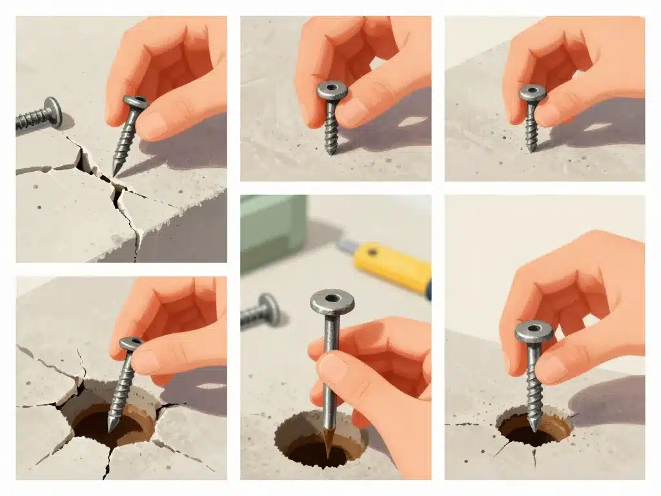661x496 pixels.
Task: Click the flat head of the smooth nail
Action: coord(332,301)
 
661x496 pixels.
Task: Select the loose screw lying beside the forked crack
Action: coord(39,115)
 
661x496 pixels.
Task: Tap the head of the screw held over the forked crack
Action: coord(136,102)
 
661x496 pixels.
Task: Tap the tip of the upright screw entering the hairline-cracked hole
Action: coord(533,427)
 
